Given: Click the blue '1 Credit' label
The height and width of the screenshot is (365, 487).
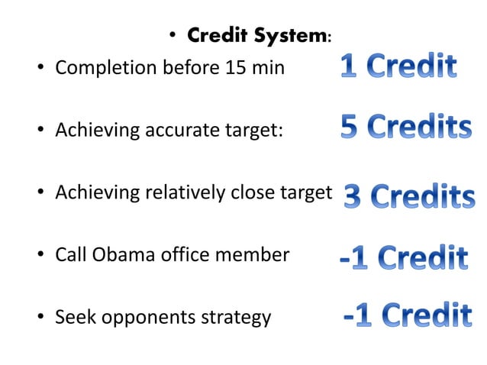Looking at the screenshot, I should pos(398,67).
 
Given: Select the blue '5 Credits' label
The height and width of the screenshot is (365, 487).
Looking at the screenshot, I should pos(405,128).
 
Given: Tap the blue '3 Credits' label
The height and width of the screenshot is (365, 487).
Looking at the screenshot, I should pos(409,197).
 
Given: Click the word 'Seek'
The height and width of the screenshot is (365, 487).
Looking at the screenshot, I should pos(73,316).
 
